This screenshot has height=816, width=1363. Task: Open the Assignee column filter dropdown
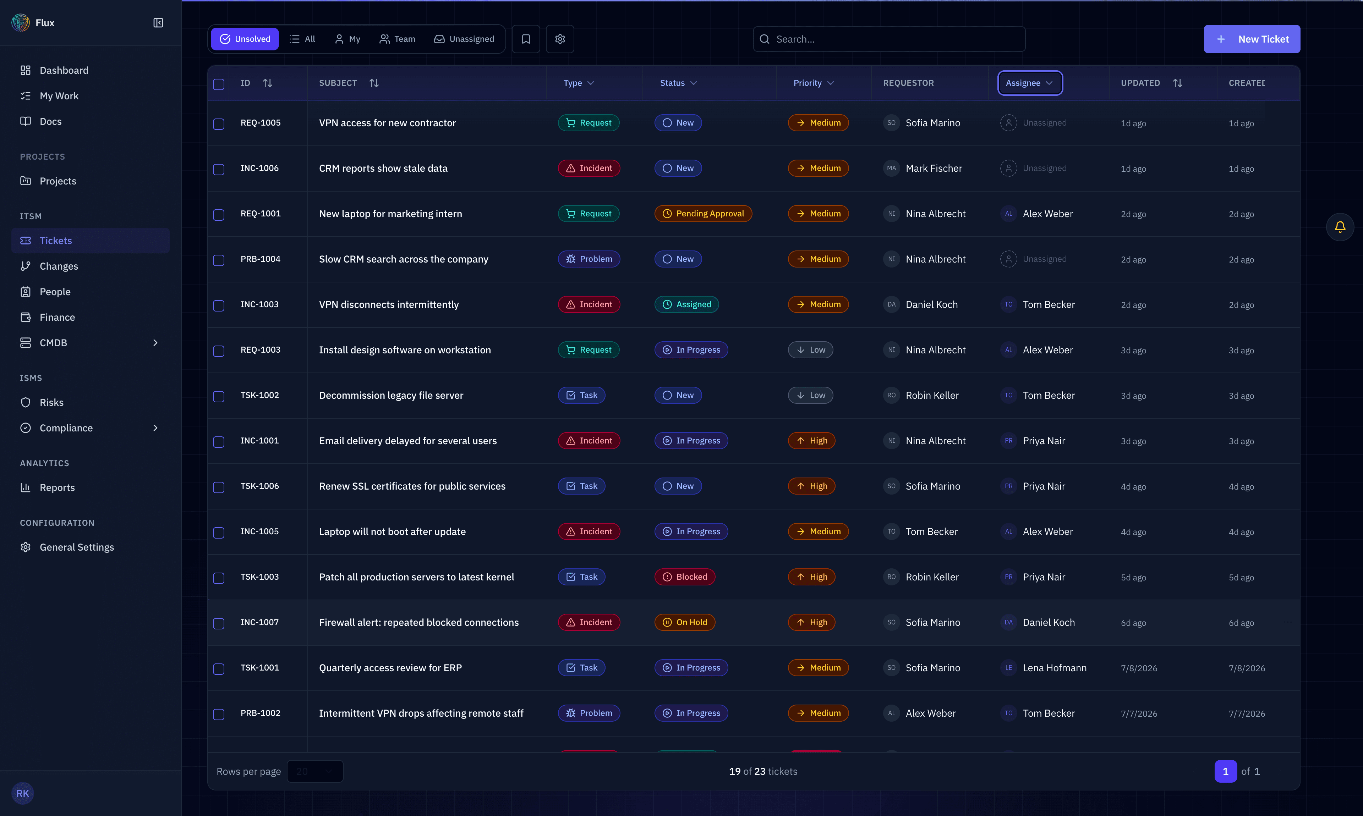point(1030,83)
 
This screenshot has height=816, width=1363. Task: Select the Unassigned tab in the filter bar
point(464,39)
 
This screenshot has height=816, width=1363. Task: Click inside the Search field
point(889,39)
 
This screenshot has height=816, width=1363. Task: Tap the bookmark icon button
point(526,39)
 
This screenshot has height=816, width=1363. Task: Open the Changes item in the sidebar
point(58,266)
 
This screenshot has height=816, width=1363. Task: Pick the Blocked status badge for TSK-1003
point(685,577)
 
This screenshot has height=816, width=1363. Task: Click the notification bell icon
point(1340,227)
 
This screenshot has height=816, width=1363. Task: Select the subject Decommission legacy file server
point(391,395)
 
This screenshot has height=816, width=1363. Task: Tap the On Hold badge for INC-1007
point(685,622)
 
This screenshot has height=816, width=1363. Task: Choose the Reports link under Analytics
point(57,488)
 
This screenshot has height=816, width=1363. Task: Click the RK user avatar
point(23,793)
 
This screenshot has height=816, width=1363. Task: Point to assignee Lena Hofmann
point(1055,668)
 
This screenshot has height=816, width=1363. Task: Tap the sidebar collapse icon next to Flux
point(158,23)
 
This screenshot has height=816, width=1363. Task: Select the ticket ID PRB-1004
point(260,259)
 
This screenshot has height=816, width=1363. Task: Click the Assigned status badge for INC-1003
point(686,305)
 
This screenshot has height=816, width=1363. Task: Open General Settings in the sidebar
point(76,547)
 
